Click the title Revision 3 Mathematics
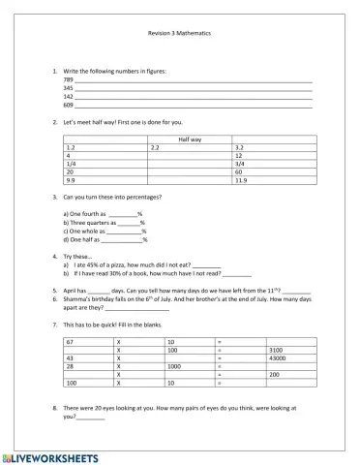tap(179, 32)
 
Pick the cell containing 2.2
tap(155, 146)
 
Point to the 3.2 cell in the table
tap(240, 146)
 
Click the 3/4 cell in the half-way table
tap(239, 164)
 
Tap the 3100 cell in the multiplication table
tap(275, 350)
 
